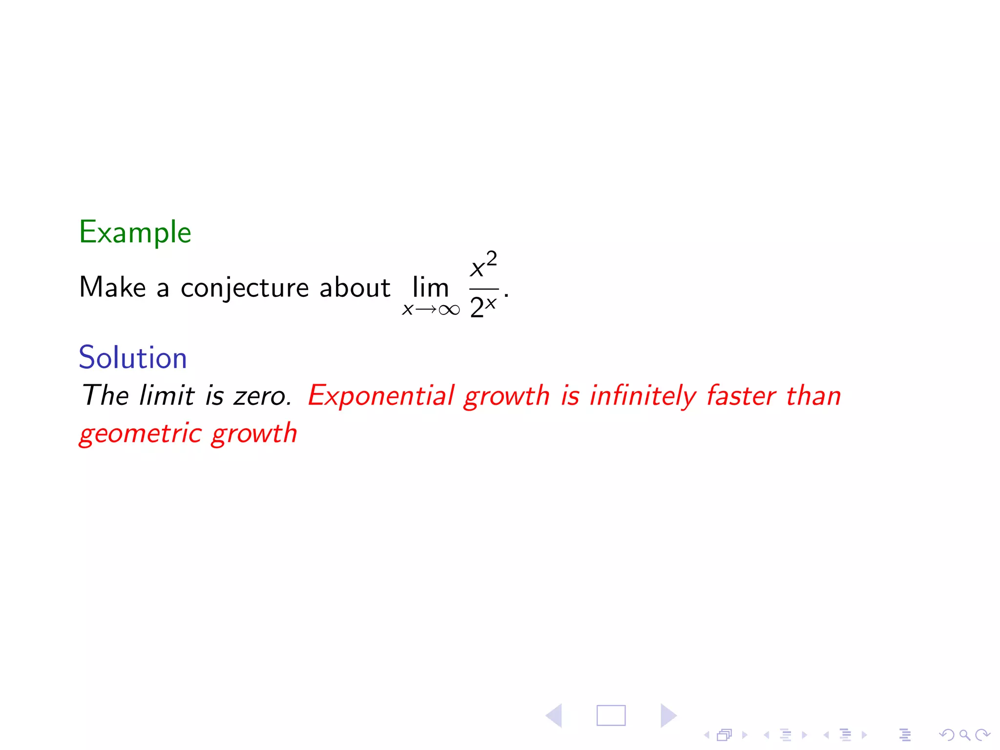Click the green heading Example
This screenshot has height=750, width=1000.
tap(135, 232)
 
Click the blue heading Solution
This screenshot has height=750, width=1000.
tap(133, 357)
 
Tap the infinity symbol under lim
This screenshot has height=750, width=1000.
tap(449, 310)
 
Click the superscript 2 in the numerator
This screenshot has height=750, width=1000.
tap(492, 258)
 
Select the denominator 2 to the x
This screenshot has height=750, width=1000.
tap(483, 307)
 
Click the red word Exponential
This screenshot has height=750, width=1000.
tap(381, 396)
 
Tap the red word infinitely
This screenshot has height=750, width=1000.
tap(643, 396)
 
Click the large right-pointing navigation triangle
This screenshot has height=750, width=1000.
tap(667, 716)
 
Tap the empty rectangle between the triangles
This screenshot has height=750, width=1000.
tap(611, 716)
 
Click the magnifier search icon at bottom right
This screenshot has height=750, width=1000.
tap(964, 734)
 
